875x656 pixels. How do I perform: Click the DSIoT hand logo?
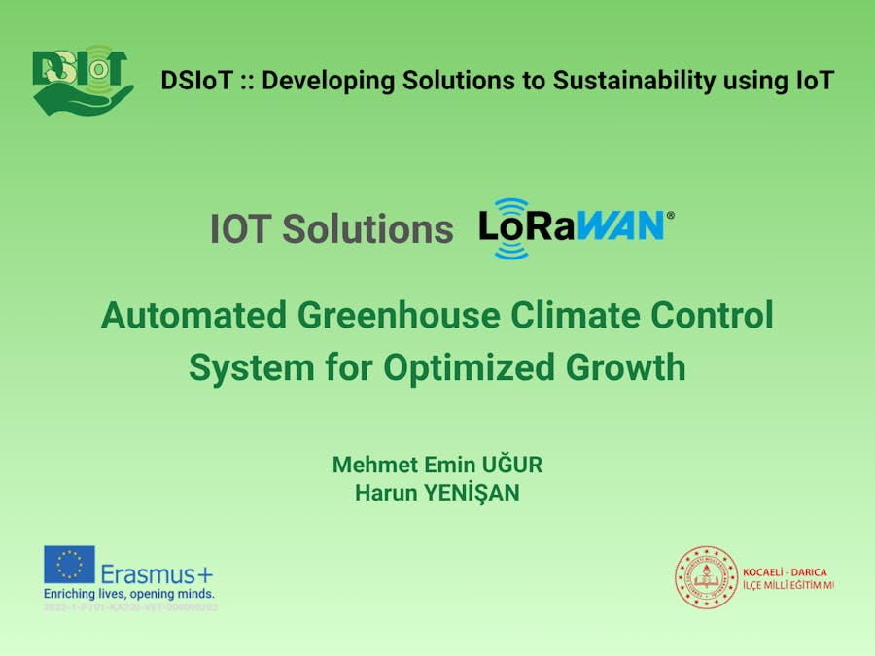(x=82, y=81)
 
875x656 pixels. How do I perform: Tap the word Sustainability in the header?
(x=634, y=81)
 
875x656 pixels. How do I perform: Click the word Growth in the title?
(x=626, y=368)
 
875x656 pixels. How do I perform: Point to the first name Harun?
(x=384, y=494)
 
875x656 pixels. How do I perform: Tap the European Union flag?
(x=69, y=565)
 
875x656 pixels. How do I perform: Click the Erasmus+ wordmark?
(x=157, y=573)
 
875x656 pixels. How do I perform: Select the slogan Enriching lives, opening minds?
(x=128, y=593)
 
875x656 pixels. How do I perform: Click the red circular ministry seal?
(x=706, y=577)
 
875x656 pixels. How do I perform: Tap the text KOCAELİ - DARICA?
(x=785, y=571)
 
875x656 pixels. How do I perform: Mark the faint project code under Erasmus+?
(x=129, y=607)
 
